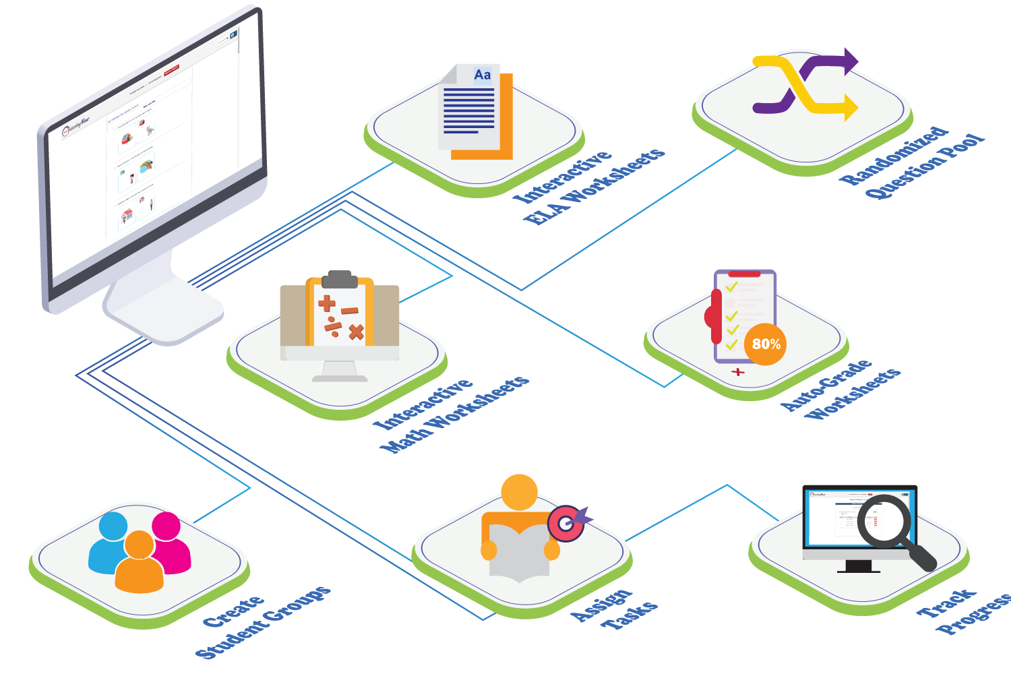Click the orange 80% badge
point(766,344)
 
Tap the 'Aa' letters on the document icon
point(483,75)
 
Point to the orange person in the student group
point(140,563)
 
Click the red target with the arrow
point(565,523)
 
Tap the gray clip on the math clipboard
point(340,279)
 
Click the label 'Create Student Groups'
point(263,623)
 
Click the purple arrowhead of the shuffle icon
point(851,61)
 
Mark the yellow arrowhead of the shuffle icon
point(851,107)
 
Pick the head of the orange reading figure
point(519,492)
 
